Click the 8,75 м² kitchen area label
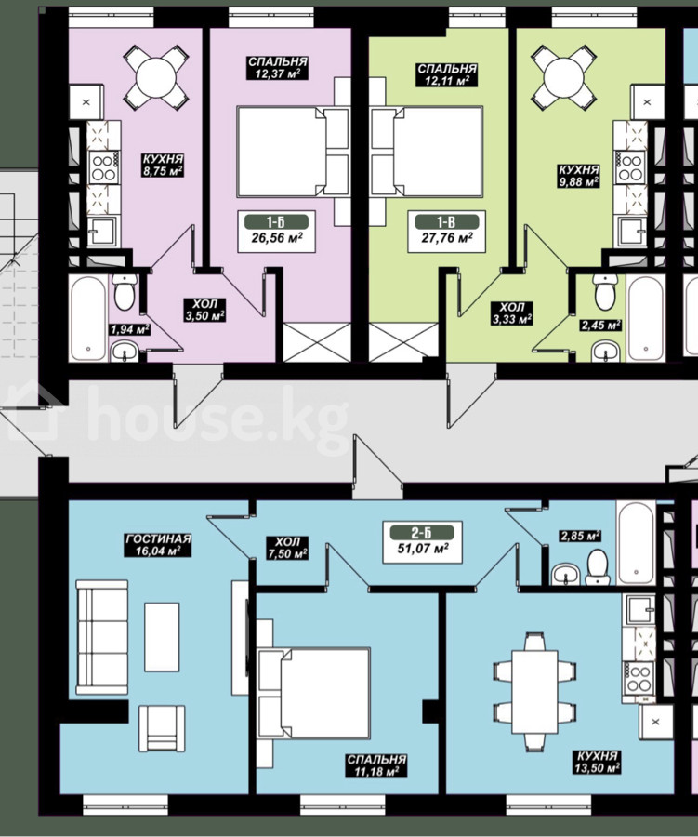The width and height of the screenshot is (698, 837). [x=163, y=171]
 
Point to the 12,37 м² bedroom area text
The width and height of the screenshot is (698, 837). [x=277, y=73]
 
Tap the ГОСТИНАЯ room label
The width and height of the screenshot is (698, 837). [x=158, y=539]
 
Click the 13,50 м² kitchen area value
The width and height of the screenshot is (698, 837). [x=598, y=767]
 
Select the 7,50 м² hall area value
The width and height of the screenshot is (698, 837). [x=288, y=554]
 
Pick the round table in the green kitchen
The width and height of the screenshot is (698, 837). [x=564, y=76]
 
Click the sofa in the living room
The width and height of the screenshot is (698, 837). [x=102, y=637]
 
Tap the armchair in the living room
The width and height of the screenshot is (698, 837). [x=162, y=728]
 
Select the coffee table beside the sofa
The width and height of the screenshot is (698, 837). [x=162, y=637]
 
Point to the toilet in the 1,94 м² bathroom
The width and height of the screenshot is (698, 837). [x=125, y=292]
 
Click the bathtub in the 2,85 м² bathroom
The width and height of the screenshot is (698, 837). [x=636, y=542]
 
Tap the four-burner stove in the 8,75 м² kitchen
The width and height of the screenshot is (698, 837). [x=103, y=166]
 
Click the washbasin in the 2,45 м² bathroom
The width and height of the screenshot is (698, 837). [x=606, y=352]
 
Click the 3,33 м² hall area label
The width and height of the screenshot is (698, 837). [x=512, y=319]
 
